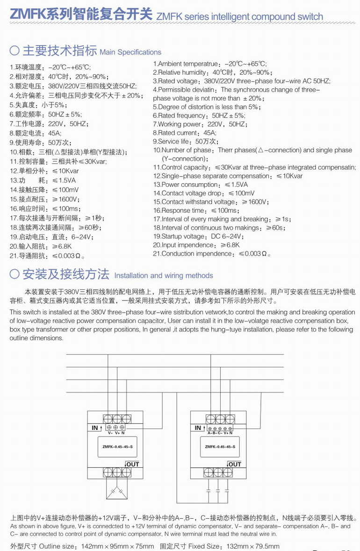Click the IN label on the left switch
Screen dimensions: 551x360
(95, 428)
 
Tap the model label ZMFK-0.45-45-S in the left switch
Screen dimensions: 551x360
(117, 447)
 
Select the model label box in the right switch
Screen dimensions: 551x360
(220, 447)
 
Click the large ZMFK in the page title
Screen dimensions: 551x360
(27, 15)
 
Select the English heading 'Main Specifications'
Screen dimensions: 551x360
(130, 52)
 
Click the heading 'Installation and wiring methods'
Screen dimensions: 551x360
(164, 276)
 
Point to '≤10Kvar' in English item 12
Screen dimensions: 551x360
(289, 176)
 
